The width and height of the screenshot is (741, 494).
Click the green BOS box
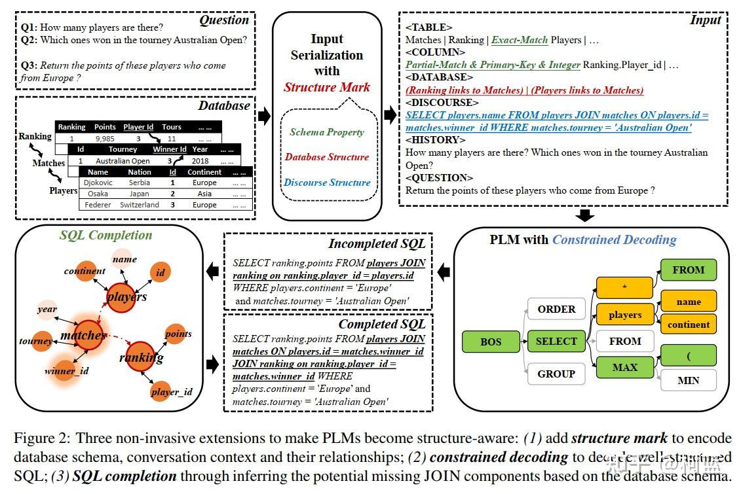click(x=491, y=342)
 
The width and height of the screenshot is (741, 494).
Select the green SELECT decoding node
click(x=556, y=342)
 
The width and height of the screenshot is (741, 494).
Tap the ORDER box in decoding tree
click(x=556, y=309)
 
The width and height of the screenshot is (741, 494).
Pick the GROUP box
click(x=556, y=374)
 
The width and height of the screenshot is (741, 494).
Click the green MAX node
click(x=624, y=367)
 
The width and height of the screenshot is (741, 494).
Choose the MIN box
click(x=688, y=380)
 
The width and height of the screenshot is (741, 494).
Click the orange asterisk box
click(x=624, y=287)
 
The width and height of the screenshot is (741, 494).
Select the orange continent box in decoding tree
click(x=688, y=325)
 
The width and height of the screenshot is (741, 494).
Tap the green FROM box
click(x=688, y=270)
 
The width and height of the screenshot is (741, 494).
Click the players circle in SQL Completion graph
click(x=126, y=296)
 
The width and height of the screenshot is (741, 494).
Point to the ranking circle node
click(x=142, y=357)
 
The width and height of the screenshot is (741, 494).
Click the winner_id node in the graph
click(x=66, y=371)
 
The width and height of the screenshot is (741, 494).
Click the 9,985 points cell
click(x=105, y=139)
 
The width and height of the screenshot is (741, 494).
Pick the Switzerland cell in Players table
click(x=139, y=205)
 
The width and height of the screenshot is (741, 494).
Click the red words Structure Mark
click(x=327, y=87)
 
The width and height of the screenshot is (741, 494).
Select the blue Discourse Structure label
click(x=327, y=183)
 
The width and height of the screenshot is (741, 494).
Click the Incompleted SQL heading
click(x=377, y=243)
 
